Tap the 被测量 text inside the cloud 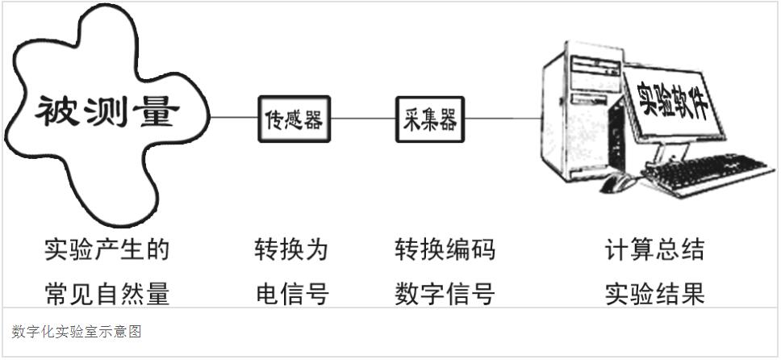[105, 112]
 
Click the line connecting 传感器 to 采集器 [363, 118]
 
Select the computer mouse [618, 182]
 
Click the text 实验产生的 [106, 250]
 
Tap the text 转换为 [292, 250]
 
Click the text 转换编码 [445, 250]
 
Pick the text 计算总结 [654, 250]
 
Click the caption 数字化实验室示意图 [77, 332]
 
